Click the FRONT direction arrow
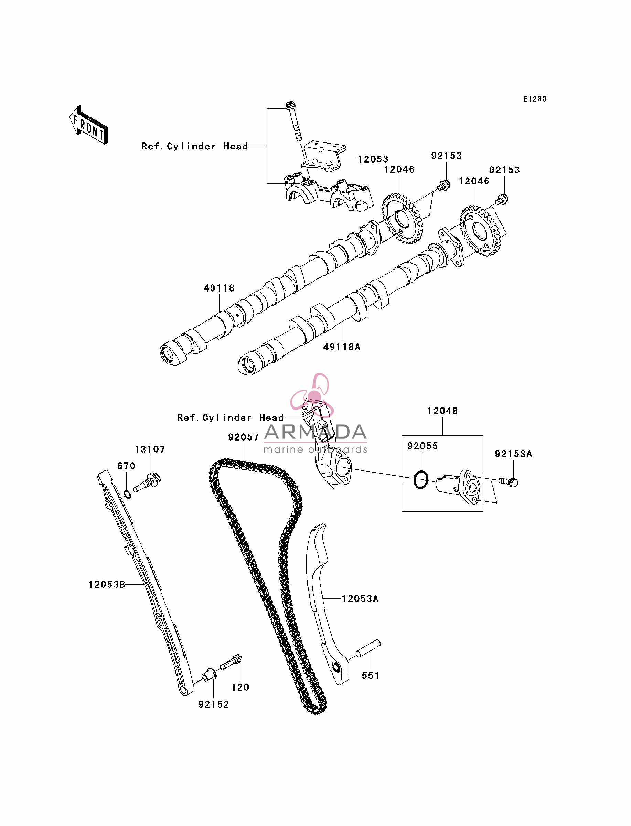(x=88, y=125)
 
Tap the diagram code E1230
(x=535, y=99)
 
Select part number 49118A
(x=342, y=347)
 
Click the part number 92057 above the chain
(x=243, y=437)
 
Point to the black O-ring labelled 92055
(x=421, y=480)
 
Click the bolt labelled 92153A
(x=509, y=481)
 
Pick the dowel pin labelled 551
(x=368, y=649)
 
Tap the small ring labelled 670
(x=127, y=494)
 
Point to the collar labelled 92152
(x=209, y=675)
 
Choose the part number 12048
(x=442, y=411)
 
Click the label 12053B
(x=107, y=584)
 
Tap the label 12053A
(x=360, y=599)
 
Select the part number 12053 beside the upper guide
(x=373, y=159)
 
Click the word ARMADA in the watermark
(x=315, y=432)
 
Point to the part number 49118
(x=219, y=288)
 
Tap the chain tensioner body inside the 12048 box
(x=458, y=486)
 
